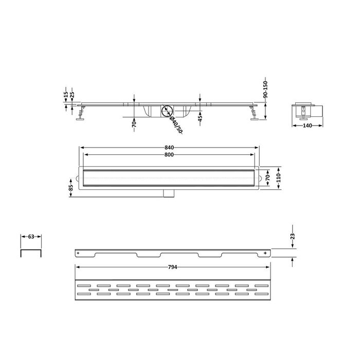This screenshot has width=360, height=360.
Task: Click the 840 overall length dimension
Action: (169, 148)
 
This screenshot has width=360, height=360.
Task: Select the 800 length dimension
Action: (169, 155)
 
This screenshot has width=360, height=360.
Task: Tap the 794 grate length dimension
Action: (172, 267)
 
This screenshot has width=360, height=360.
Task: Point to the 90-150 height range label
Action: (265, 89)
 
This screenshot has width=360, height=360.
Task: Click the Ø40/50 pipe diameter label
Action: (176, 124)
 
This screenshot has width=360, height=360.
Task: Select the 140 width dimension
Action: (307, 125)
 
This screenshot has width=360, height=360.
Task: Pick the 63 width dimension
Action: (31, 237)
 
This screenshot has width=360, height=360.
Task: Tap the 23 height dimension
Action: (293, 236)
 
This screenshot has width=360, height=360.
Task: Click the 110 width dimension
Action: (279, 178)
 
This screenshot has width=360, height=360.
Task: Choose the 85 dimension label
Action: (71, 188)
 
